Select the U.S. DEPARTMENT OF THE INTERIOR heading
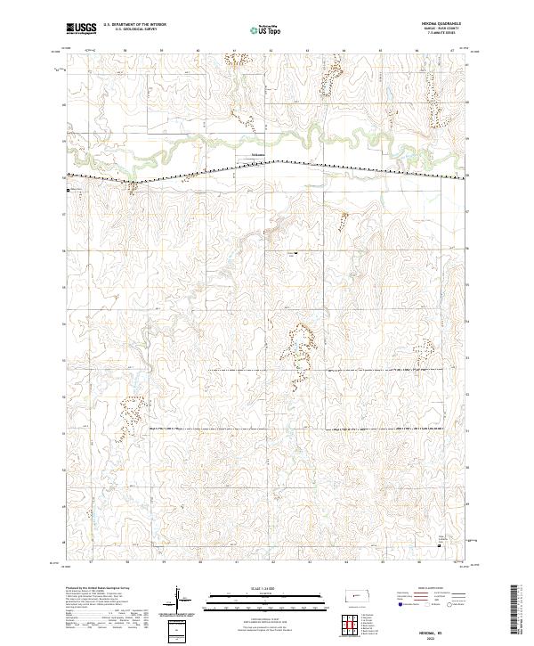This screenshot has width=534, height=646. (128, 26)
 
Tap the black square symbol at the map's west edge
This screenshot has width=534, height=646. (66, 189)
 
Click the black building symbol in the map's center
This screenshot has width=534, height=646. (296, 254)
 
